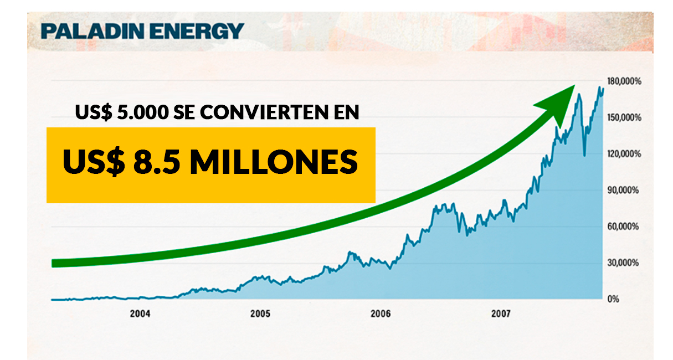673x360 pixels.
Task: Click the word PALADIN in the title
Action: click(x=93, y=31)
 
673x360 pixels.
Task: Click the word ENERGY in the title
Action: click(x=197, y=31)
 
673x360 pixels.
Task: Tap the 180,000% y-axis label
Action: click(x=624, y=81)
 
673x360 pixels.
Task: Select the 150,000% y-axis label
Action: click(x=624, y=117)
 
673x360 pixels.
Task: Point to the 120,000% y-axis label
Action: click(x=624, y=154)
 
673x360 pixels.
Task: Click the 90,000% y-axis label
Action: click(x=623, y=190)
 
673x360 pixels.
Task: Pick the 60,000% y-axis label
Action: click(x=623, y=227)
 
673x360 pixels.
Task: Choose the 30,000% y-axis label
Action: click(x=623, y=263)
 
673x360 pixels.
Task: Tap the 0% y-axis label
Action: click(x=614, y=299)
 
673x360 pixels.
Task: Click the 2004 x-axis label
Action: click(x=140, y=313)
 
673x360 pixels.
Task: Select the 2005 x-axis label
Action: click(x=260, y=313)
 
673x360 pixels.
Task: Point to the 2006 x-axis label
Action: click(x=381, y=313)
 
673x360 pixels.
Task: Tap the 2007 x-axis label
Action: click(x=501, y=313)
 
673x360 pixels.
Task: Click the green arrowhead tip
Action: click(x=574, y=85)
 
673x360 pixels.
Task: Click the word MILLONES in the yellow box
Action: click(x=274, y=162)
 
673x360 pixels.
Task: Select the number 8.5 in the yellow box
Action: click(x=157, y=162)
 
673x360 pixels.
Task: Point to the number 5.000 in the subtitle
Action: click(x=143, y=112)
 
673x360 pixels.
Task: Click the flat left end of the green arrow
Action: click(x=52, y=263)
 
